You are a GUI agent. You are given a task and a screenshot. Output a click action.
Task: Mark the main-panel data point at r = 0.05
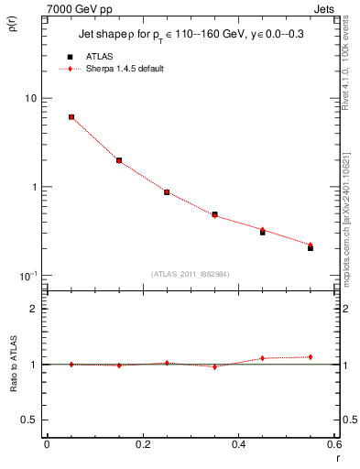coord(71,117)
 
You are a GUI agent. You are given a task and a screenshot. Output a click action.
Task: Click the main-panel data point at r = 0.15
coord(119,160)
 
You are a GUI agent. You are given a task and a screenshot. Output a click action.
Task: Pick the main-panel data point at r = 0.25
coord(167,192)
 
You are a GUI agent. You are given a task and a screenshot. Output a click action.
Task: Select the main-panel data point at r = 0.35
coord(214,214)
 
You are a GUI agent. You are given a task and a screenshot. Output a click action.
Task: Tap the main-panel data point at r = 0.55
coord(311,247)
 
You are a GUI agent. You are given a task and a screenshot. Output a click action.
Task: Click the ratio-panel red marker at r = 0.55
coord(311,357)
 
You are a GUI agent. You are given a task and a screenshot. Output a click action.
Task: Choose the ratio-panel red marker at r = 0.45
coord(263,358)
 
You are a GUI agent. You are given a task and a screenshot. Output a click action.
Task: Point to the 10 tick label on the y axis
coord(30,99)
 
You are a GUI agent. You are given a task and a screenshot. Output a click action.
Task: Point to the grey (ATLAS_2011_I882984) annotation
coord(191,273)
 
